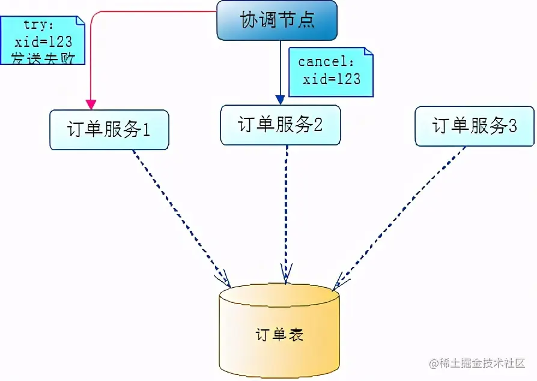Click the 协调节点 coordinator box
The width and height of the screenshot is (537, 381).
(x=277, y=20)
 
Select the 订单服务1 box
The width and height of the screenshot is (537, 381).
(x=109, y=129)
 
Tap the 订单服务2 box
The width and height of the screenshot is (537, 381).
(x=280, y=125)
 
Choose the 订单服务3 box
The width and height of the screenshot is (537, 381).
(x=474, y=126)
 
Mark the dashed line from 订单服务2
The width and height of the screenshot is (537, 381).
(x=285, y=210)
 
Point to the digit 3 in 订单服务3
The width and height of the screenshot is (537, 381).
(x=512, y=126)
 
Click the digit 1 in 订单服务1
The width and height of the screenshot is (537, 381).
(x=145, y=130)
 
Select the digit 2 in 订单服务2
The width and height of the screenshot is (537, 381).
(x=318, y=125)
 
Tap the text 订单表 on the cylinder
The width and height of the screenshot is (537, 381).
(x=279, y=334)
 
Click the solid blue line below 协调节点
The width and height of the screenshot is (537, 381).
(x=280, y=66)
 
